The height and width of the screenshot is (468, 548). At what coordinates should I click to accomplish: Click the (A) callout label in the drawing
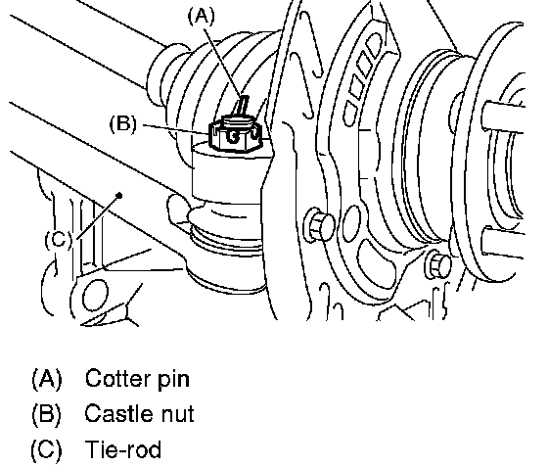(x=202, y=17)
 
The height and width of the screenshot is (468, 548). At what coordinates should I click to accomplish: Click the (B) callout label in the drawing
(x=123, y=123)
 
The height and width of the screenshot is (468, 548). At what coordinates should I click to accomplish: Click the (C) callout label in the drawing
(x=59, y=240)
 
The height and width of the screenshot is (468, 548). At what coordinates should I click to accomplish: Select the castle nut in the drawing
(x=235, y=134)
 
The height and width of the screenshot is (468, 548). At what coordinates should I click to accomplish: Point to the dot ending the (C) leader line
(x=119, y=196)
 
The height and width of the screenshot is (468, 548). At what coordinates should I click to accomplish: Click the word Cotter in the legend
(x=117, y=378)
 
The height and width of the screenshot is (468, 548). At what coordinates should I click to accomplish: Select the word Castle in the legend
(x=118, y=413)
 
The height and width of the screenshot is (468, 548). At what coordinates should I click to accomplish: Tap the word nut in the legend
(x=177, y=415)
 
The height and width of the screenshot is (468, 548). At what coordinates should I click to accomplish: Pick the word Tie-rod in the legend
(x=123, y=449)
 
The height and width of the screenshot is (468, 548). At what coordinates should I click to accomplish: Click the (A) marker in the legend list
(x=47, y=379)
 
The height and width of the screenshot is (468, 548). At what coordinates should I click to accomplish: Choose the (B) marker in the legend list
(x=47, y=414)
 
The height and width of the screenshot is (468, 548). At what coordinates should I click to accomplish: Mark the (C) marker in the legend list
(x=47, y=449)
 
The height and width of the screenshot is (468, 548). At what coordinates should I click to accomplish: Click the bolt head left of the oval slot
(x=319, y=224)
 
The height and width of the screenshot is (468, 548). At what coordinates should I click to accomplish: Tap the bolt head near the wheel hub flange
(x=438, y=264)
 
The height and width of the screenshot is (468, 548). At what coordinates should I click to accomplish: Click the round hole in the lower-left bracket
(x=95, y=296)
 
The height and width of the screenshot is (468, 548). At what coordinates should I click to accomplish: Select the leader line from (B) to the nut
(x=176, y=128)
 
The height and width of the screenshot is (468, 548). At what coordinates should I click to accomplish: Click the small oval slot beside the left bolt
(x=351, y=223)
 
